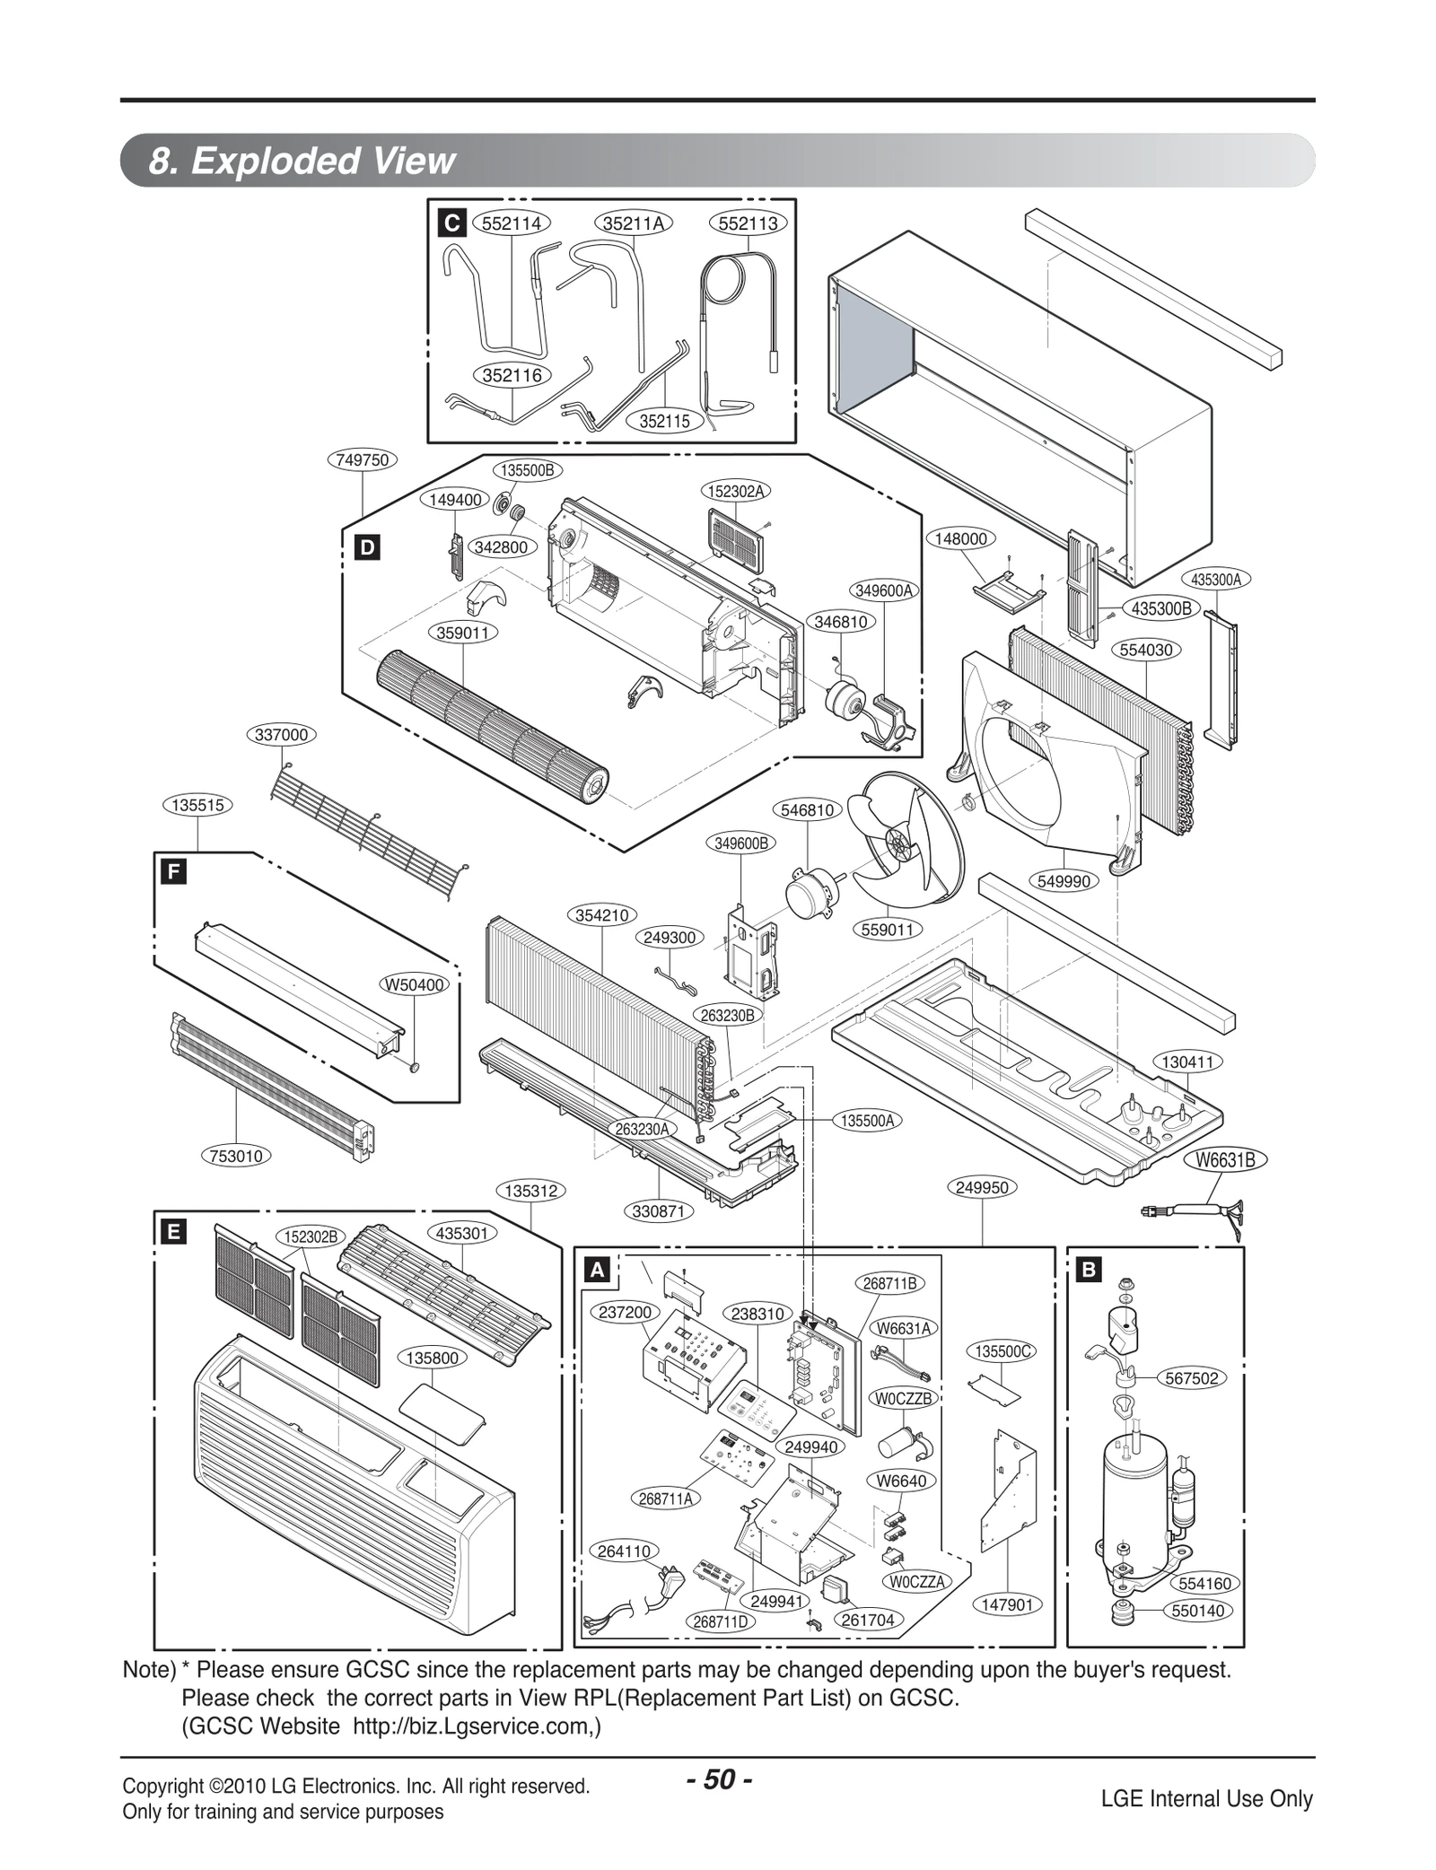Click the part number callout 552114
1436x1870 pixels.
511,223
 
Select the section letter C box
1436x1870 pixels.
451,223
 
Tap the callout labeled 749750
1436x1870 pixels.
362,460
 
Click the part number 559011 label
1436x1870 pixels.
887,930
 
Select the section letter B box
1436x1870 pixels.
1089,1270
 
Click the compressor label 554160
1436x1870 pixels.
1204,1584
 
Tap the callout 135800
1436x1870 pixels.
432,1358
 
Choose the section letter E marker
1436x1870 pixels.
171,1232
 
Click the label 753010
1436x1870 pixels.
236,1156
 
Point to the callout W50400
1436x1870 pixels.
414,984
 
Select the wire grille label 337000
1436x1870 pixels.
281,735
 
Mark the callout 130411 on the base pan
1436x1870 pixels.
1186,1062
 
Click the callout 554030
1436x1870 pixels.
1146,650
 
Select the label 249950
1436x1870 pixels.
982,1187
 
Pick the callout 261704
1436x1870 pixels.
867,1620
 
